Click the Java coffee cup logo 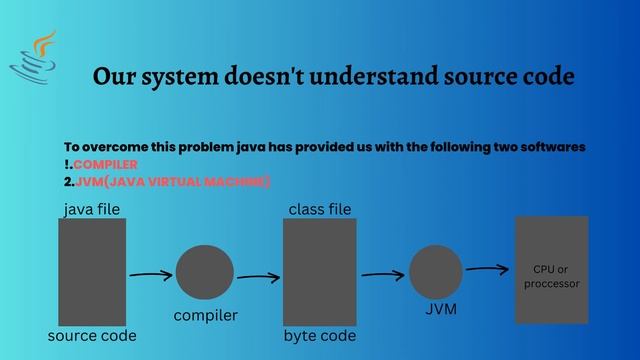[x=35, y=59]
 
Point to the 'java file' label [x=91, y=210]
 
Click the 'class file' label [x=319, y=210]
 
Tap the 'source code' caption [x=92, y=336]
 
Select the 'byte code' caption [x=319, y=336]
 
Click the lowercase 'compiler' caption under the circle [x=205, y=316]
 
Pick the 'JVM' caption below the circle [x=435, y=310]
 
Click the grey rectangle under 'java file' [x=92, y=271]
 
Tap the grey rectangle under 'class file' [x=319, y=271]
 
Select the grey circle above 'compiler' [x=204, y=272]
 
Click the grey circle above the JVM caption [x=435, y=271]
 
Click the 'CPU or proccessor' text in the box [x=551, y=276]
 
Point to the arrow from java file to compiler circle [x=151, y=274]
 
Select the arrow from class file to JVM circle [x=382, y=273]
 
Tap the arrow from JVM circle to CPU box [x=488, y=268]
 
